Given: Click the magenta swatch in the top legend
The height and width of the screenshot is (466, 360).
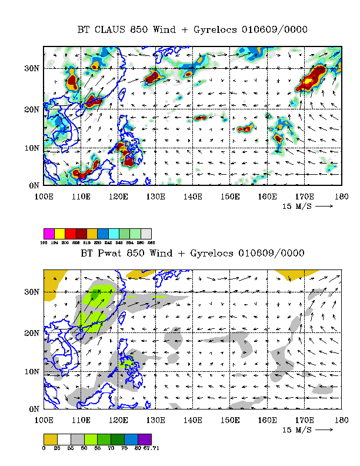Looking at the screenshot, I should [x=49, y=234].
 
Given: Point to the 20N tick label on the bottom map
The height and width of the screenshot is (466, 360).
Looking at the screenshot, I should [x=31, y=334].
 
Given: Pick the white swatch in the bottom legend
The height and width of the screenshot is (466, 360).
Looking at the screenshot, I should [x=63, y=439].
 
